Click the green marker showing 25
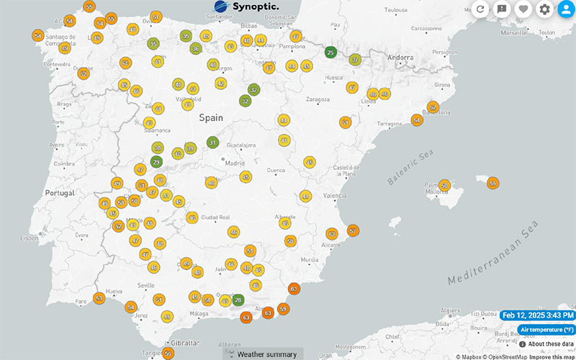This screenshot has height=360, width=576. pos(330,52)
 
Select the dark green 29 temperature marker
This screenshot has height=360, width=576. pos(157,163)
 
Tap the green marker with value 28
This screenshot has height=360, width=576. pos(238,300)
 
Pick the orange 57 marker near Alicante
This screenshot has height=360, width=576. pos(353,231)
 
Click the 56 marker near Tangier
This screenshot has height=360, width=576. pos(168,353)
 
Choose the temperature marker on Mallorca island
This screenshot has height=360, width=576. pos(444,186)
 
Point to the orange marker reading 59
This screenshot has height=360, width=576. pos(283,309)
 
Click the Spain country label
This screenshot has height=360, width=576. pos(211,117)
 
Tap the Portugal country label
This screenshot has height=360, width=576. pos(60,193)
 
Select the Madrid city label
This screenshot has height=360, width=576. pos(235,163)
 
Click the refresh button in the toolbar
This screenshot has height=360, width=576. pos(481,9)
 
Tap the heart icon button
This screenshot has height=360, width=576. pos(523,9)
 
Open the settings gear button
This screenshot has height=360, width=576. pos(544,9)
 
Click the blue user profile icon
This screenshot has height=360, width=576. pos(565,9)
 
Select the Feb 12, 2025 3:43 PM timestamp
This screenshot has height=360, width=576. pos(538,315)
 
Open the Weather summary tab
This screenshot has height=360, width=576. pos(266,354)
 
